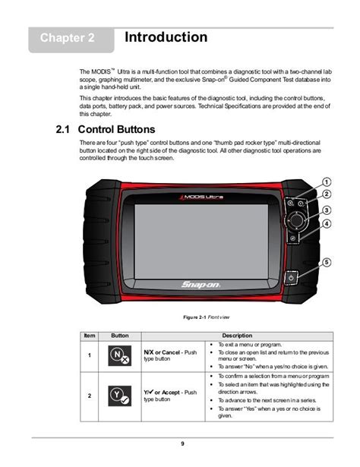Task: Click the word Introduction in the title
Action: (166, 37)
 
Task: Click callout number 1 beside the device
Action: (325, 181)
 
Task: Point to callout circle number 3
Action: (325, 210)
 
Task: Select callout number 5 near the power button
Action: (325, 262)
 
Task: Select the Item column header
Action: (90, 335)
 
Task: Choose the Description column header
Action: (237, 335)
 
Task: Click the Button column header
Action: (120, 335)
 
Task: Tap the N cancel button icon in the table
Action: (118, 355)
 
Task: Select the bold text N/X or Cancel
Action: (162, 352)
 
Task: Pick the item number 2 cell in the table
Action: (89, 396)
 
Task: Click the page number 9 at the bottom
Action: (182, 443)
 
